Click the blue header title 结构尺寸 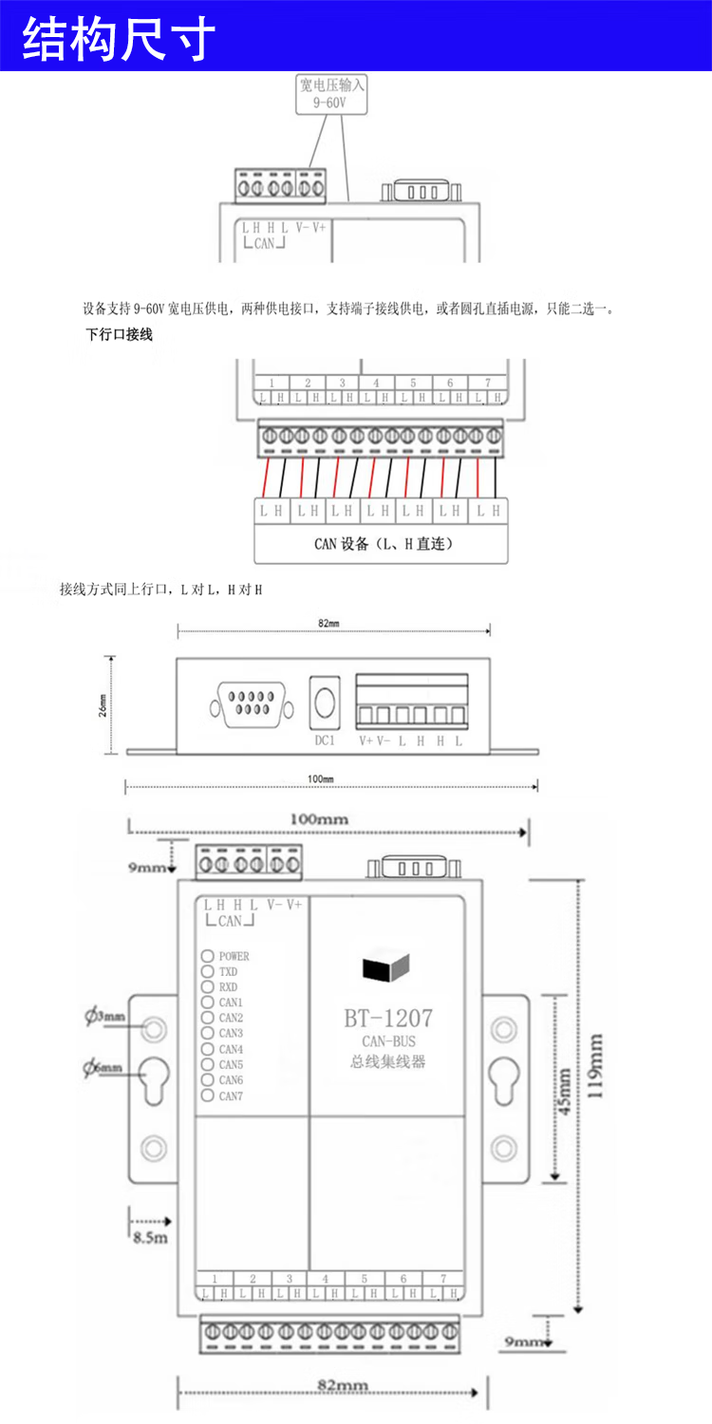120,39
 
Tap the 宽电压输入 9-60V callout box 331,94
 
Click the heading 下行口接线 119,334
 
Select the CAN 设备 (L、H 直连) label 383,544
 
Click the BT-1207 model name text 388,1018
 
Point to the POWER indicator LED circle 207,956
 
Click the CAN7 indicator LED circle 207,1096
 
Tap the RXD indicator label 229,987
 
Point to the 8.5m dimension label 150,1237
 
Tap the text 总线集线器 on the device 388,1061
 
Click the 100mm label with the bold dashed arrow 318,818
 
